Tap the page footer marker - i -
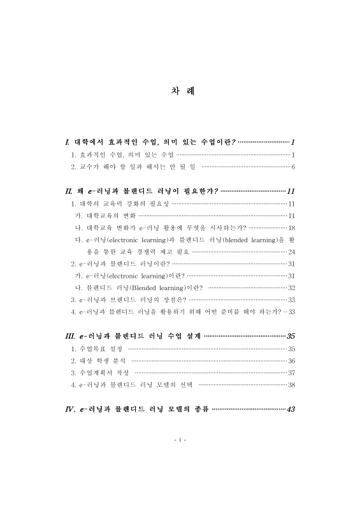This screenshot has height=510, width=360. tap(179, 441)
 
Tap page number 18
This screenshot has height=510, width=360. tap(291, 228)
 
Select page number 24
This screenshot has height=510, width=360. tap(291, 252)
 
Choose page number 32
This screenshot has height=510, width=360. tap(291, 288)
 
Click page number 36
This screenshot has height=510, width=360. tap(291, 361)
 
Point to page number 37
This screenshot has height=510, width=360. tap(291, 373)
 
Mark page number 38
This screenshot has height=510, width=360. tap(291, 385)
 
